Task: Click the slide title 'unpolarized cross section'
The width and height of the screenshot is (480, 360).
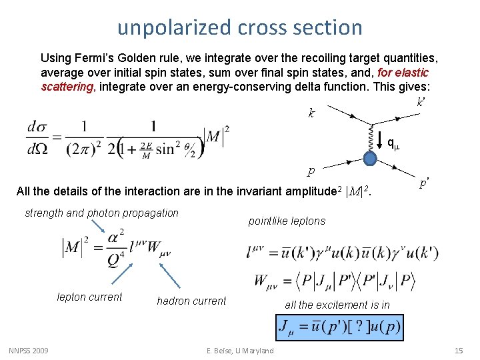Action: pos(239,27)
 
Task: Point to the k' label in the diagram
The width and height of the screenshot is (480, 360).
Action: pos(421,103)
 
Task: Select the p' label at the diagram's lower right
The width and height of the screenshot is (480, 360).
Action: pos(424,182)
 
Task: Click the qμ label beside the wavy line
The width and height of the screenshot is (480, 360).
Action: pos(393,142)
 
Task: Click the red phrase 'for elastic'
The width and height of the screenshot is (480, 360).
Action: pos(403,72)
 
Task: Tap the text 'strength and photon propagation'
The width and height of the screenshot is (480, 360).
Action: pos(101,213)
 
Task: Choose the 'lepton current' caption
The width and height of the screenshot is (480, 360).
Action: pos(90,297)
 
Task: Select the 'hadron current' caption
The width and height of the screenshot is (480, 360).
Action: pos(191,301)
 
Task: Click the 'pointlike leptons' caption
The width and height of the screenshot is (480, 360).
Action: pos(287,221)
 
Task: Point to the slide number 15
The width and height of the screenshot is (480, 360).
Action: pos(458,351)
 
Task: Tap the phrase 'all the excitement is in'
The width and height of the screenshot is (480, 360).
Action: pos(337,305)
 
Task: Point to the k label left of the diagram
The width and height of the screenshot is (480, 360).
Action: pos(311,113)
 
